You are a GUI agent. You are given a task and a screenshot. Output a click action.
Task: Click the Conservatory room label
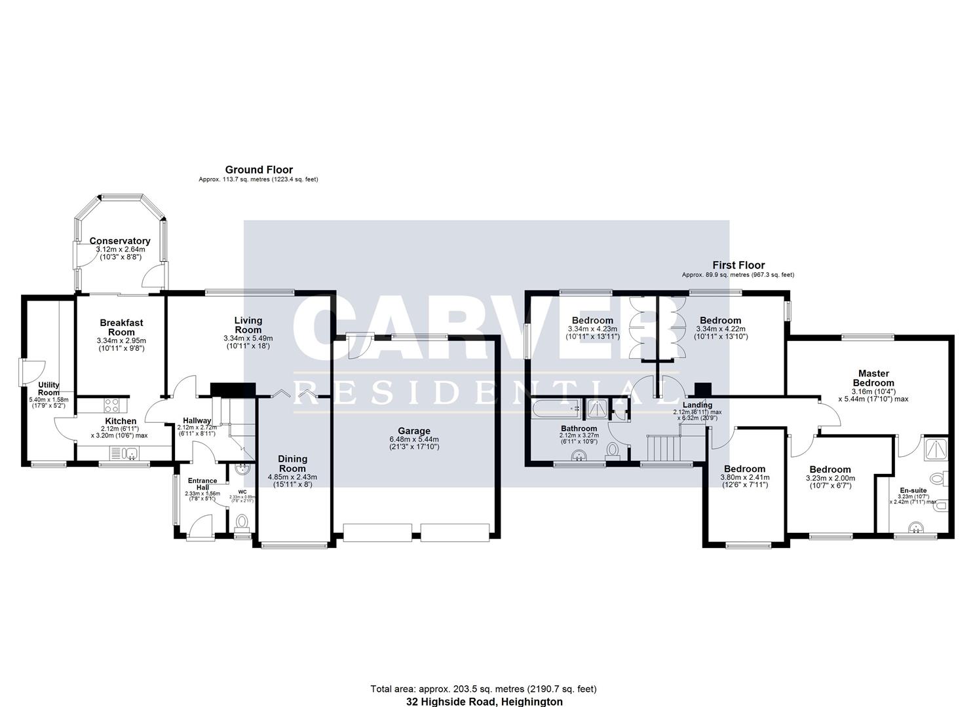pos(120,241)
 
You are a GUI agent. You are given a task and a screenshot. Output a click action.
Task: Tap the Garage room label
pos(414,431)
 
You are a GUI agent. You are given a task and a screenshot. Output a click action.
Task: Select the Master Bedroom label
pos(873,378)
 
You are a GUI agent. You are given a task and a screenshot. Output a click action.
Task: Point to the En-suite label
pos(913,490)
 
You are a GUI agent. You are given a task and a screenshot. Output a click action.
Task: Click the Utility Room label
pos(48,389)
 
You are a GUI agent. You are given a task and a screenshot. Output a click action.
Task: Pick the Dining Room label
pos(292,463)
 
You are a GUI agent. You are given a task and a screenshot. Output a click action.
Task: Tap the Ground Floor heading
pos(259,170)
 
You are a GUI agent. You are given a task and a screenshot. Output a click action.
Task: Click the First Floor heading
pos(738,265)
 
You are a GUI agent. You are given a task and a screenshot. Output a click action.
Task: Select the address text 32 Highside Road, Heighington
pos(484,701)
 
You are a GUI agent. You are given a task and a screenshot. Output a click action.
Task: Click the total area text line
pos(484,689)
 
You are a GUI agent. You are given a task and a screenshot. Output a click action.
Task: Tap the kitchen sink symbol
pos(123,452)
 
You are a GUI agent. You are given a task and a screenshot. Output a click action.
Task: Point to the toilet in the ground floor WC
pos(241,522)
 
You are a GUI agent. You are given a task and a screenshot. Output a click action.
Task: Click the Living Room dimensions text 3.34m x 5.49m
pos(248,338)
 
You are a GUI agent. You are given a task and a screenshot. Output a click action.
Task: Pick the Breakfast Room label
pos(121,327)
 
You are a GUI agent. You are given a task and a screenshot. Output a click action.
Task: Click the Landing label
pos(697,405)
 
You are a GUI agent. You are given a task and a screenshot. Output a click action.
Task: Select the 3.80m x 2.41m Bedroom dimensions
pos(745,478)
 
